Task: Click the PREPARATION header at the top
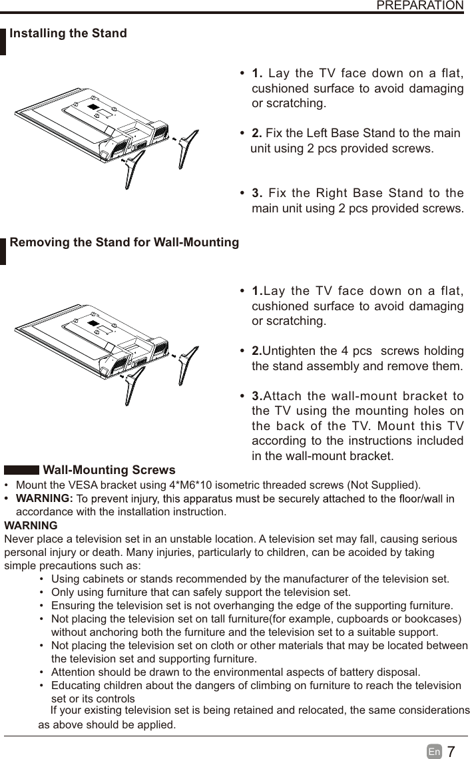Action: coord(419,6)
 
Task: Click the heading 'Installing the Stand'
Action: coord(68,33)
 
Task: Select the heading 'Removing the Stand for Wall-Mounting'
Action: coord(124,242)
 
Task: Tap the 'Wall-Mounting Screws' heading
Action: coord(109,471)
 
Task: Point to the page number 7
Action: coord(451,752)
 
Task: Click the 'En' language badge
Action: coord(434,752)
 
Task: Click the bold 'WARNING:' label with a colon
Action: coord(44,499)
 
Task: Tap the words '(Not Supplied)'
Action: coord(383,484)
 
